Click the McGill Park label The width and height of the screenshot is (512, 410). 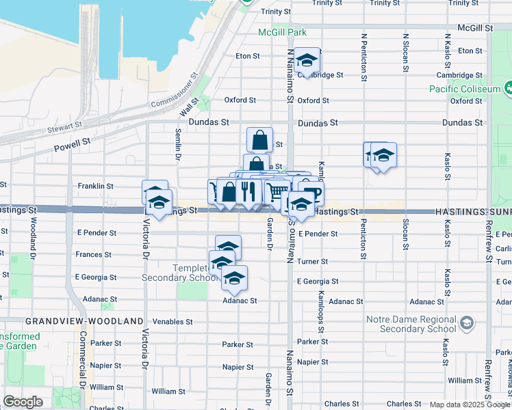click(x=282, y=32)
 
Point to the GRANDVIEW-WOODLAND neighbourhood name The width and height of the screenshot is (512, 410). click(x=85, y=321)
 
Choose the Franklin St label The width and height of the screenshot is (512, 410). click(x=95, y=186)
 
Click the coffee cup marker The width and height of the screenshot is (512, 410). click(x=311, y=193)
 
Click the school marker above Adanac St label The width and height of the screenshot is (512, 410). click(x=234, y=278)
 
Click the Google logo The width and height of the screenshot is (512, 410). click(x=22, y=402)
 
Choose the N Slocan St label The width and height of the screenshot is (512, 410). click(x=405, y=53)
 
